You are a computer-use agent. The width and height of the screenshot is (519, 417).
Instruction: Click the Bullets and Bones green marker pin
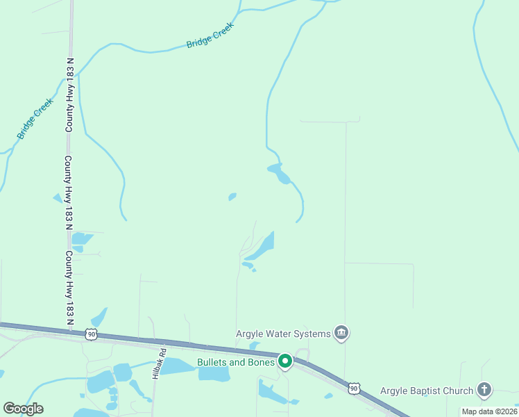[285, 361]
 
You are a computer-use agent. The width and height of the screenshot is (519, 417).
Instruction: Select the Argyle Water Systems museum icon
[341, 334]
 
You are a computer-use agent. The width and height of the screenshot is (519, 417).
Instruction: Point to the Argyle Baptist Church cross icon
[484, 391]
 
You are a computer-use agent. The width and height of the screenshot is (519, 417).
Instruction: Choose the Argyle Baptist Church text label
[426, 391]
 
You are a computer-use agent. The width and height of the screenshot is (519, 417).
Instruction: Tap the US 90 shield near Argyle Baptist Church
[355, 387]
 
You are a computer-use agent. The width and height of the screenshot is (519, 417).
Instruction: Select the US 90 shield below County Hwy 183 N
[92, 334]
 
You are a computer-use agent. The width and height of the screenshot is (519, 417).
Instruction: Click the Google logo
[23, 409]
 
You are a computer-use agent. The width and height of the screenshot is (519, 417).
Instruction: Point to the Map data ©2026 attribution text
[489, 411]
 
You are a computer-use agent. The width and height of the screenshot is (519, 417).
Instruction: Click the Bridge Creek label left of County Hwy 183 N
[35, 118]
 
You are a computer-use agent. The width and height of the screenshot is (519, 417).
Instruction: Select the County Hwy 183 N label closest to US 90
[69, 288]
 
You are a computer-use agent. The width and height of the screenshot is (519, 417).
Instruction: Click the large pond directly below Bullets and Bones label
[214, 374]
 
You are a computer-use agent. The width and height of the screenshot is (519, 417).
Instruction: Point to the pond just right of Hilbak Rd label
[178, 366]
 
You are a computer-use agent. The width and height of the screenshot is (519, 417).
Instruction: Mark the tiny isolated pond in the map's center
[232, 197]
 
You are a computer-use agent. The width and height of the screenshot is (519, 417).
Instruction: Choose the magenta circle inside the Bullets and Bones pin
[285, 361]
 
